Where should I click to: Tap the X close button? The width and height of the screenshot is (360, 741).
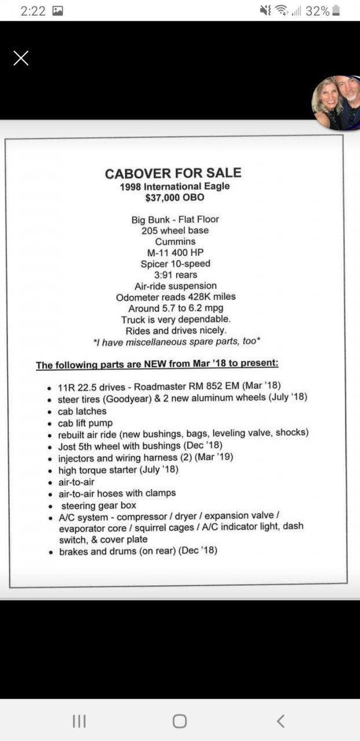click(x=21, y=58)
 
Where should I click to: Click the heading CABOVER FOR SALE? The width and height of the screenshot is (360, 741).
click(x=173, y=173)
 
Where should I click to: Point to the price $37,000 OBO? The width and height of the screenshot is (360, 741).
click(x=174, y=197)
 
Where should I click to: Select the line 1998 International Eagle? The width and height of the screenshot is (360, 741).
click(x=174, y=186)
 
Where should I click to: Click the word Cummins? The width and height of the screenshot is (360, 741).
click(x=175, y=241)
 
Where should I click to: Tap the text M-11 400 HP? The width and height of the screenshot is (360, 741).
click(x=175, y=252)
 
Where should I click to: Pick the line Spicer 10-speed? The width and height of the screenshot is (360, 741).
click(x=175, y=263)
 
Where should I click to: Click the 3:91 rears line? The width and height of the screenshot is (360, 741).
click(x=175, y=274)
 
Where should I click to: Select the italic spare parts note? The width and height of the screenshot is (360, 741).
click(x=177, y=342)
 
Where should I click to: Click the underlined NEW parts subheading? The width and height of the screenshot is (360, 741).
click(x=157, y=365)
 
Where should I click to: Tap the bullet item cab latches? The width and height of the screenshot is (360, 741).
click(x=82, y=411)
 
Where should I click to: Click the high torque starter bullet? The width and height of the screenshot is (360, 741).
click(x=118, y=469)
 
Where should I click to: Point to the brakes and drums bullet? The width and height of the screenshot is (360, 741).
click(x=138, y=551)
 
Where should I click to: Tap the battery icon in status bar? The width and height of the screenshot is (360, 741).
click(x=336, y=10)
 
